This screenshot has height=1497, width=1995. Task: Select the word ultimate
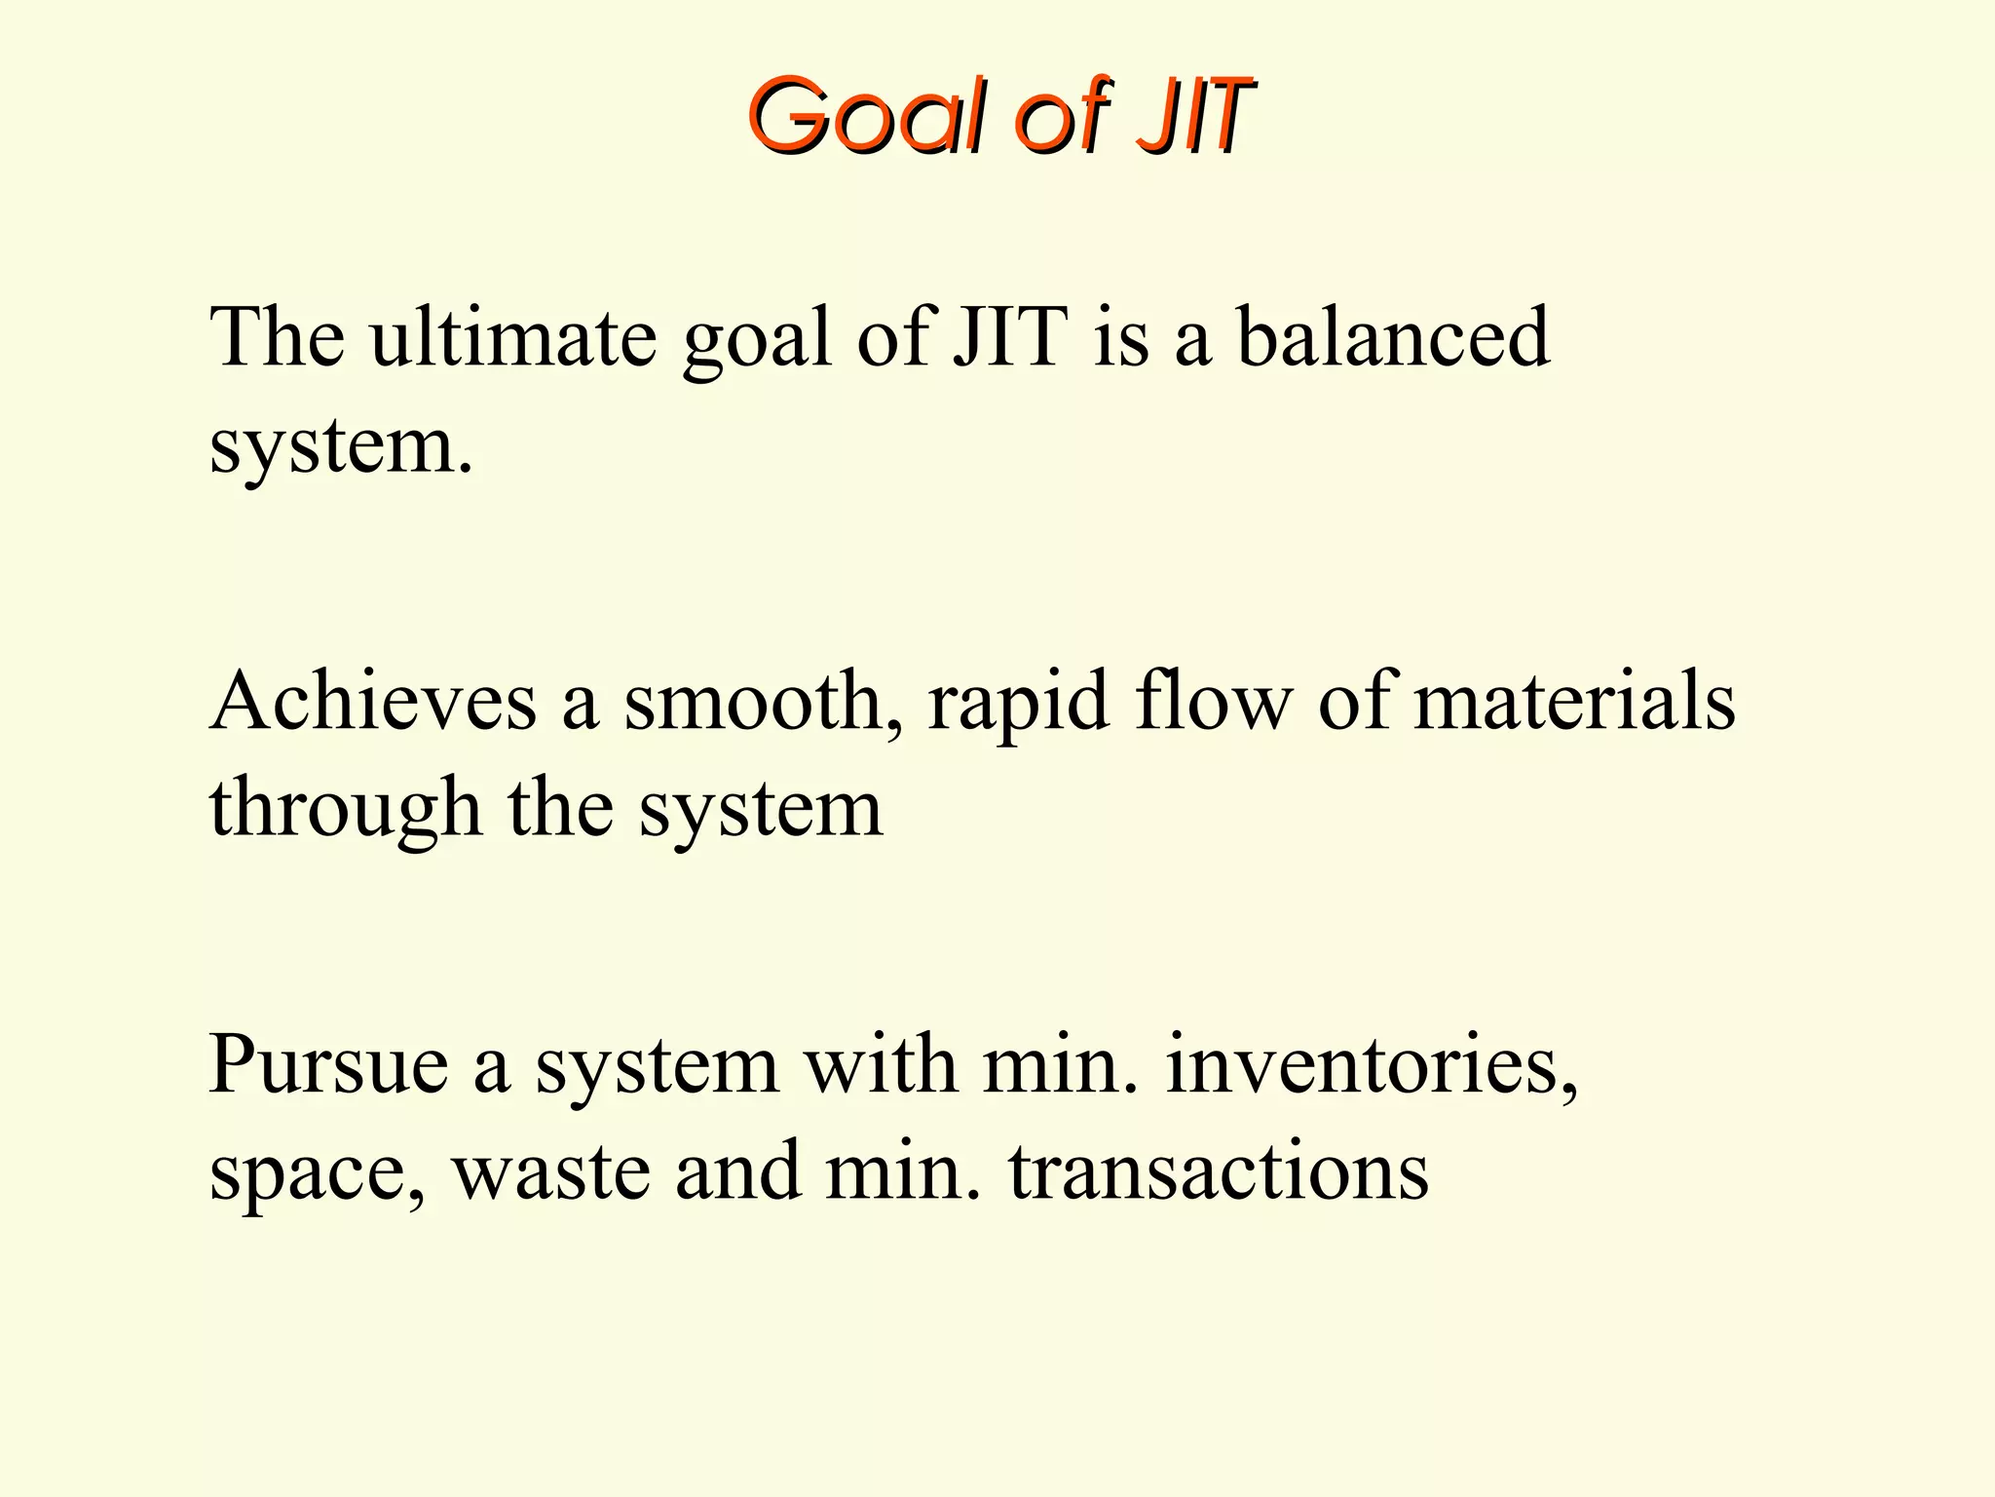(513, 337)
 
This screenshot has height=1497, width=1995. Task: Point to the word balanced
(1393, 337)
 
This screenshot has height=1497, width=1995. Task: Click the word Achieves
(373, 702)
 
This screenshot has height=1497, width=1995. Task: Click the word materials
(1574, 702)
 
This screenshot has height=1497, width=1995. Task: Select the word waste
(551, 1172)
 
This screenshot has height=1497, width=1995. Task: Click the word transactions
(1219, 1172)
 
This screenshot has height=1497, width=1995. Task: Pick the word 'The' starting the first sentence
(278, 337)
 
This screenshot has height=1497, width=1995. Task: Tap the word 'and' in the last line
(737, 1172)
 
